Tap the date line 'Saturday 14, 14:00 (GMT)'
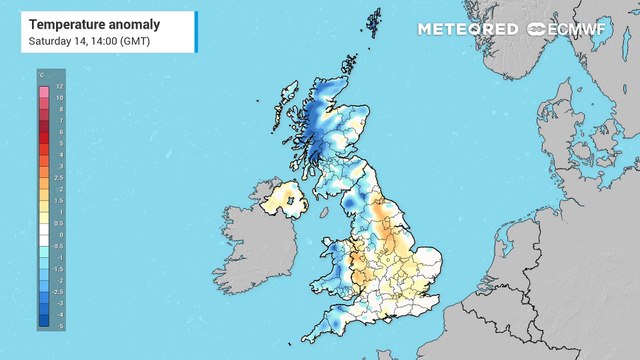(90, 40)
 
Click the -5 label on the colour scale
(58, 326)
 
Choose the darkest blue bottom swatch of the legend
(44, 324)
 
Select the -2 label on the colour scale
(58, 280)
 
